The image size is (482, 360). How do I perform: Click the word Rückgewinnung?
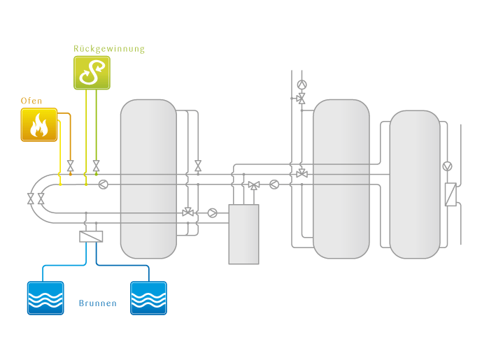pos(109,49)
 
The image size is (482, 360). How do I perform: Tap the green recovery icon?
pos(92,73)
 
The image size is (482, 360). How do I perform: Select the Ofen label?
pos(31,101)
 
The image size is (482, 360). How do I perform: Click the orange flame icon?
pos(39,124)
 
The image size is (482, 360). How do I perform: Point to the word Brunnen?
pos(98,303)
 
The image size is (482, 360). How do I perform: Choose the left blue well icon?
pos(45,298)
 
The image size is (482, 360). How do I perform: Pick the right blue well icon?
pos(148,298)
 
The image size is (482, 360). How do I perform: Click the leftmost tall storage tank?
pos(148,179)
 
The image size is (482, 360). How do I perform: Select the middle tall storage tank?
pos(341,179)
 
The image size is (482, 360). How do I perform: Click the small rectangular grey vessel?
pos(243,233)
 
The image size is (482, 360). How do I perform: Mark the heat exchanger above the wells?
pos(91,236)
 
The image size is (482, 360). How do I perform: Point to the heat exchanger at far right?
pos(451,194)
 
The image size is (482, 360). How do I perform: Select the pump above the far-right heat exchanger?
pos(448,166)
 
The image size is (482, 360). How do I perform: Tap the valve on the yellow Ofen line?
pos(70,166)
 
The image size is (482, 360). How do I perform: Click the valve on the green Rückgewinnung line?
pos(96,166)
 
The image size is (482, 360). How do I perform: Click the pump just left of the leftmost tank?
pos(104,185)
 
